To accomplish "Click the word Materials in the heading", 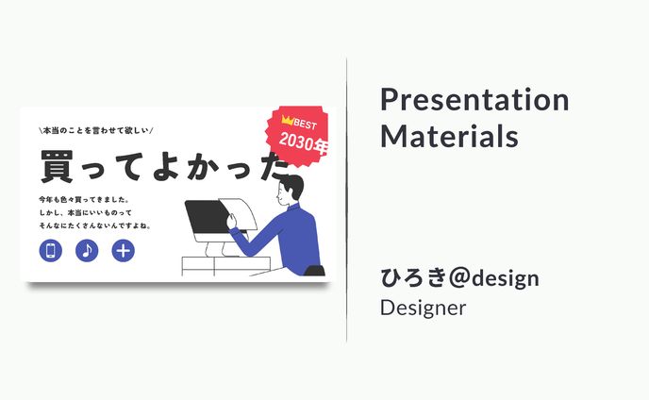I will (449, 135).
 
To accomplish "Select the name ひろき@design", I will (459, 278).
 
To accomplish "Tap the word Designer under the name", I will (423, 308).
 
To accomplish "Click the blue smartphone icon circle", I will (51, 250).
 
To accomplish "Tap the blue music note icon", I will (87, 250).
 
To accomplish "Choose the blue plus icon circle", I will (123, 250).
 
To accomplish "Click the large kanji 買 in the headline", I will (58, 166).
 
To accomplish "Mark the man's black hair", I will (293, 185).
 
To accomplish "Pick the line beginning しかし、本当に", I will (91, 213).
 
